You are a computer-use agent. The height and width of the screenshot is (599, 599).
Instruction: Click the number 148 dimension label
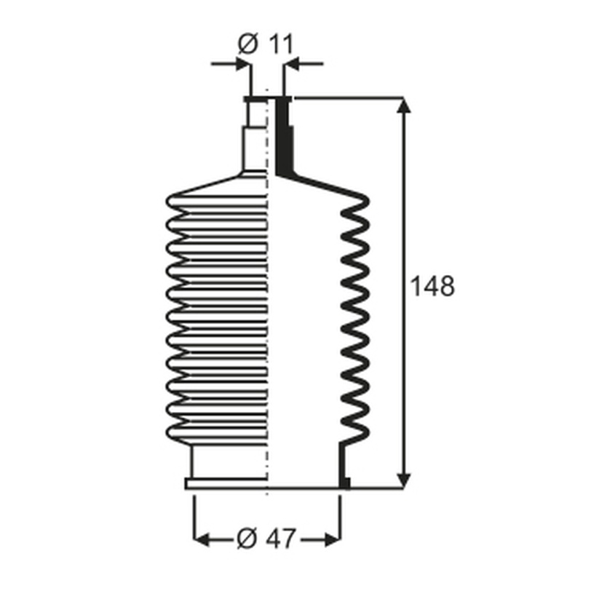coord(432,286)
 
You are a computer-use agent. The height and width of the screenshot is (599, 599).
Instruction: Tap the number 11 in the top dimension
coord(281,44)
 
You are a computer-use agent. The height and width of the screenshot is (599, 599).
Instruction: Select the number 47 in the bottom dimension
coord(280,539)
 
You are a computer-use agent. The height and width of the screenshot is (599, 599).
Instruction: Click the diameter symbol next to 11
coord(248,44)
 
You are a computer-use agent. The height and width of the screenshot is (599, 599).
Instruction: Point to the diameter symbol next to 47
coord(247,539)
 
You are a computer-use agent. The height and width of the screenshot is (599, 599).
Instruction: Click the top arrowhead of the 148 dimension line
coord(403,105)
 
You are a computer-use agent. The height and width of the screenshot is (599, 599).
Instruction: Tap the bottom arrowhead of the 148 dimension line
coord(403,480)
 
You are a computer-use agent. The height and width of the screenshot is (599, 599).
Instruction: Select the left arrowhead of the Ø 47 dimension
coord(202,539)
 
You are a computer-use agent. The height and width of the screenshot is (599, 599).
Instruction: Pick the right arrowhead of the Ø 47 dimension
coord(333,539)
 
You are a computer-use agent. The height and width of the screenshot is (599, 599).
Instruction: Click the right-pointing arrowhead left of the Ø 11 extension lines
coord(243,64)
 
